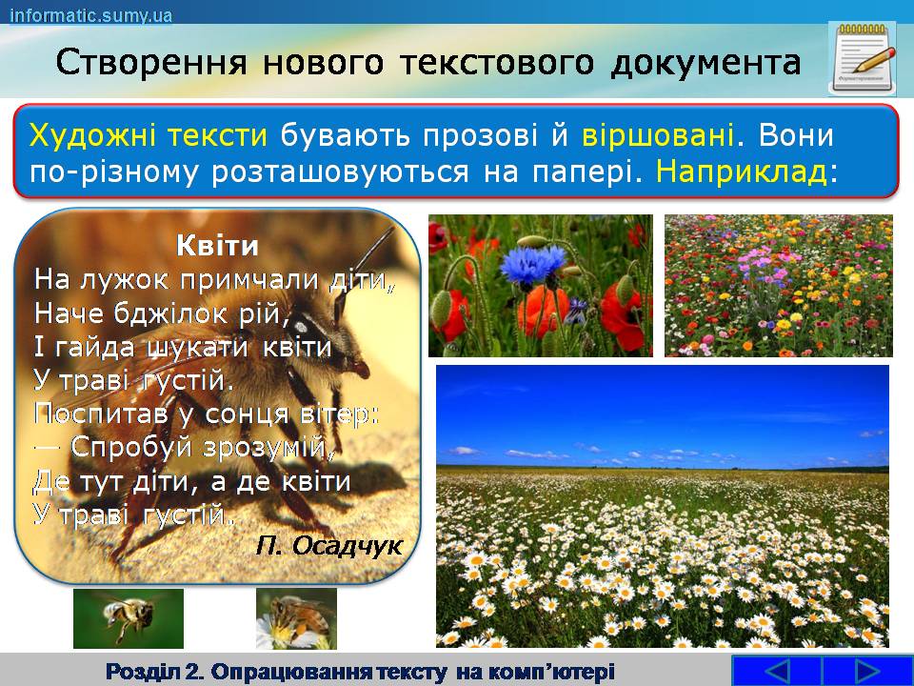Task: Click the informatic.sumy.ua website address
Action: [x=91, y=14]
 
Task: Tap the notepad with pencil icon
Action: [x=864, y=58]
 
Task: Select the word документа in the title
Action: [x=705, y=64]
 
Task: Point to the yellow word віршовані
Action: [x=658, y=135]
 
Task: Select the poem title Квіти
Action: [x=217, y=246]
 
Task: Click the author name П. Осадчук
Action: [x=329, y=546]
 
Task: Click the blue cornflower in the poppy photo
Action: [x=532, y=263]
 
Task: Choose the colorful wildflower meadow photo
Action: [x=779, y=285]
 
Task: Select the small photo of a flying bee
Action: [x=129, y=618]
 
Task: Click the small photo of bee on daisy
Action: [x=296, y=618]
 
